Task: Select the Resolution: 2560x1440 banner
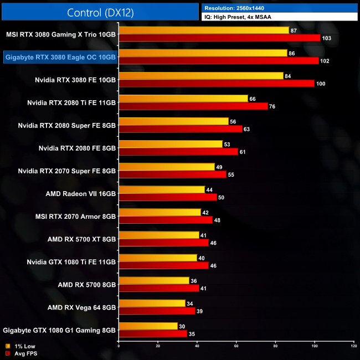point(280,8)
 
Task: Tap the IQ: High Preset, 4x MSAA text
point(280,17)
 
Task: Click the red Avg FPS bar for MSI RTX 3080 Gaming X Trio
point(219,38)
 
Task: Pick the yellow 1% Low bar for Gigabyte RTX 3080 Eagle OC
point(203,53)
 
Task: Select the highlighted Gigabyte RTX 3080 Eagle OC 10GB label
point(60,56)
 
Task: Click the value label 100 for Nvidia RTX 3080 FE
point(321,83)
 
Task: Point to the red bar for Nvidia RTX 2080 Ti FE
point(193,106)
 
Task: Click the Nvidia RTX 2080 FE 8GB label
point(77,148)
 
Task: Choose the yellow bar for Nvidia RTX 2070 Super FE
point(167,167)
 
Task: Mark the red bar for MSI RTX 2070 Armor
point(166,219)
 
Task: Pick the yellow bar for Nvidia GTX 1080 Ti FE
point(158,258)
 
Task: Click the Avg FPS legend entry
point(19,353)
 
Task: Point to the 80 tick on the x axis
point(275,346)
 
